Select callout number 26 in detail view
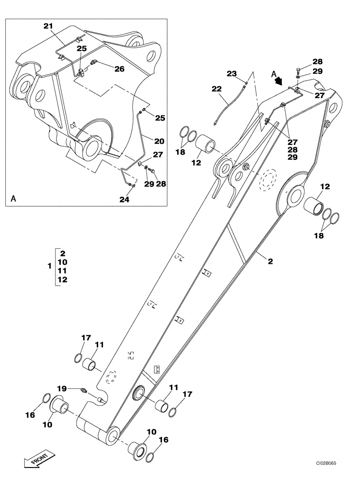[x=119, y=69]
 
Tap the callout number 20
[x=159, y=141]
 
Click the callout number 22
[x=216, y=89]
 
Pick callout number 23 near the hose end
[x=232, y=73]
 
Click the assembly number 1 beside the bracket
[x=49, y=266]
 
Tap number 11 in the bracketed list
[x=63, y=271]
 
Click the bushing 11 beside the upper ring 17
[x=91, y=364]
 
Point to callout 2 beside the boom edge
[x=270, y=261]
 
